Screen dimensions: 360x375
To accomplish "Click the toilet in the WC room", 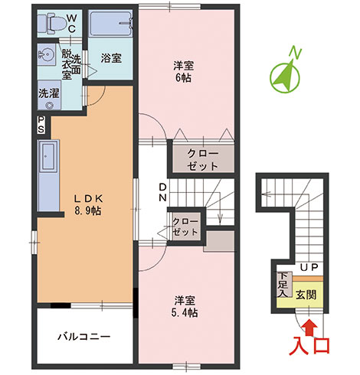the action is (x=51, y=24).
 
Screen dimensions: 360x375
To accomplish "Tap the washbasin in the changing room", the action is (x=47, y=54).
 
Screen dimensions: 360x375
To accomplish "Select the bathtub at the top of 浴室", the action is (x=111, y=24).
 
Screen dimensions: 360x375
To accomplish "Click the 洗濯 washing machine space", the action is (x=49, y=95).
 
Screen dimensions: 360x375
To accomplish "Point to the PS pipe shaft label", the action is (x=41, y=125).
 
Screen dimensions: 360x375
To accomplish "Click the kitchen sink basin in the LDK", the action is (x=48, y=156).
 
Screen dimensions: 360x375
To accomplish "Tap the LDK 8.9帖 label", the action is (x=88, y=204).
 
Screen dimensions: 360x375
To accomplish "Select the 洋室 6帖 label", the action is (x=183, y=72).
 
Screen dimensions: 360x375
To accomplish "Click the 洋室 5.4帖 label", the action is (x=185, y=306).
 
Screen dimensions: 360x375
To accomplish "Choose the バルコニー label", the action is (x=84, y=337).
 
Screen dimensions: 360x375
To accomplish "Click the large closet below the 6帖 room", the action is (x=203, y=159).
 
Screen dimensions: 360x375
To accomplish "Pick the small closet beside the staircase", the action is (x=185, y=226).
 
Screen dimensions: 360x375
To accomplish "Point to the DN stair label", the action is (x=163, y=193).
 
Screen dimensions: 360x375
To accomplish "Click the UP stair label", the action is (x=309, y=267).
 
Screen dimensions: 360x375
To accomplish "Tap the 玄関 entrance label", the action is (x=306, y=295).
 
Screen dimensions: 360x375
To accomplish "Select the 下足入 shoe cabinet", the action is (x=283, y=285).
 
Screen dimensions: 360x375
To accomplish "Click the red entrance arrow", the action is (x=309, y=327).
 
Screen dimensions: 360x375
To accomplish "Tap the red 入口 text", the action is (x=309, y=346).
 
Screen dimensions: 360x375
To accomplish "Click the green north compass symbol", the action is (x=286, y=74).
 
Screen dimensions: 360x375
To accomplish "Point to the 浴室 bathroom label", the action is (x=111, y=58).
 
